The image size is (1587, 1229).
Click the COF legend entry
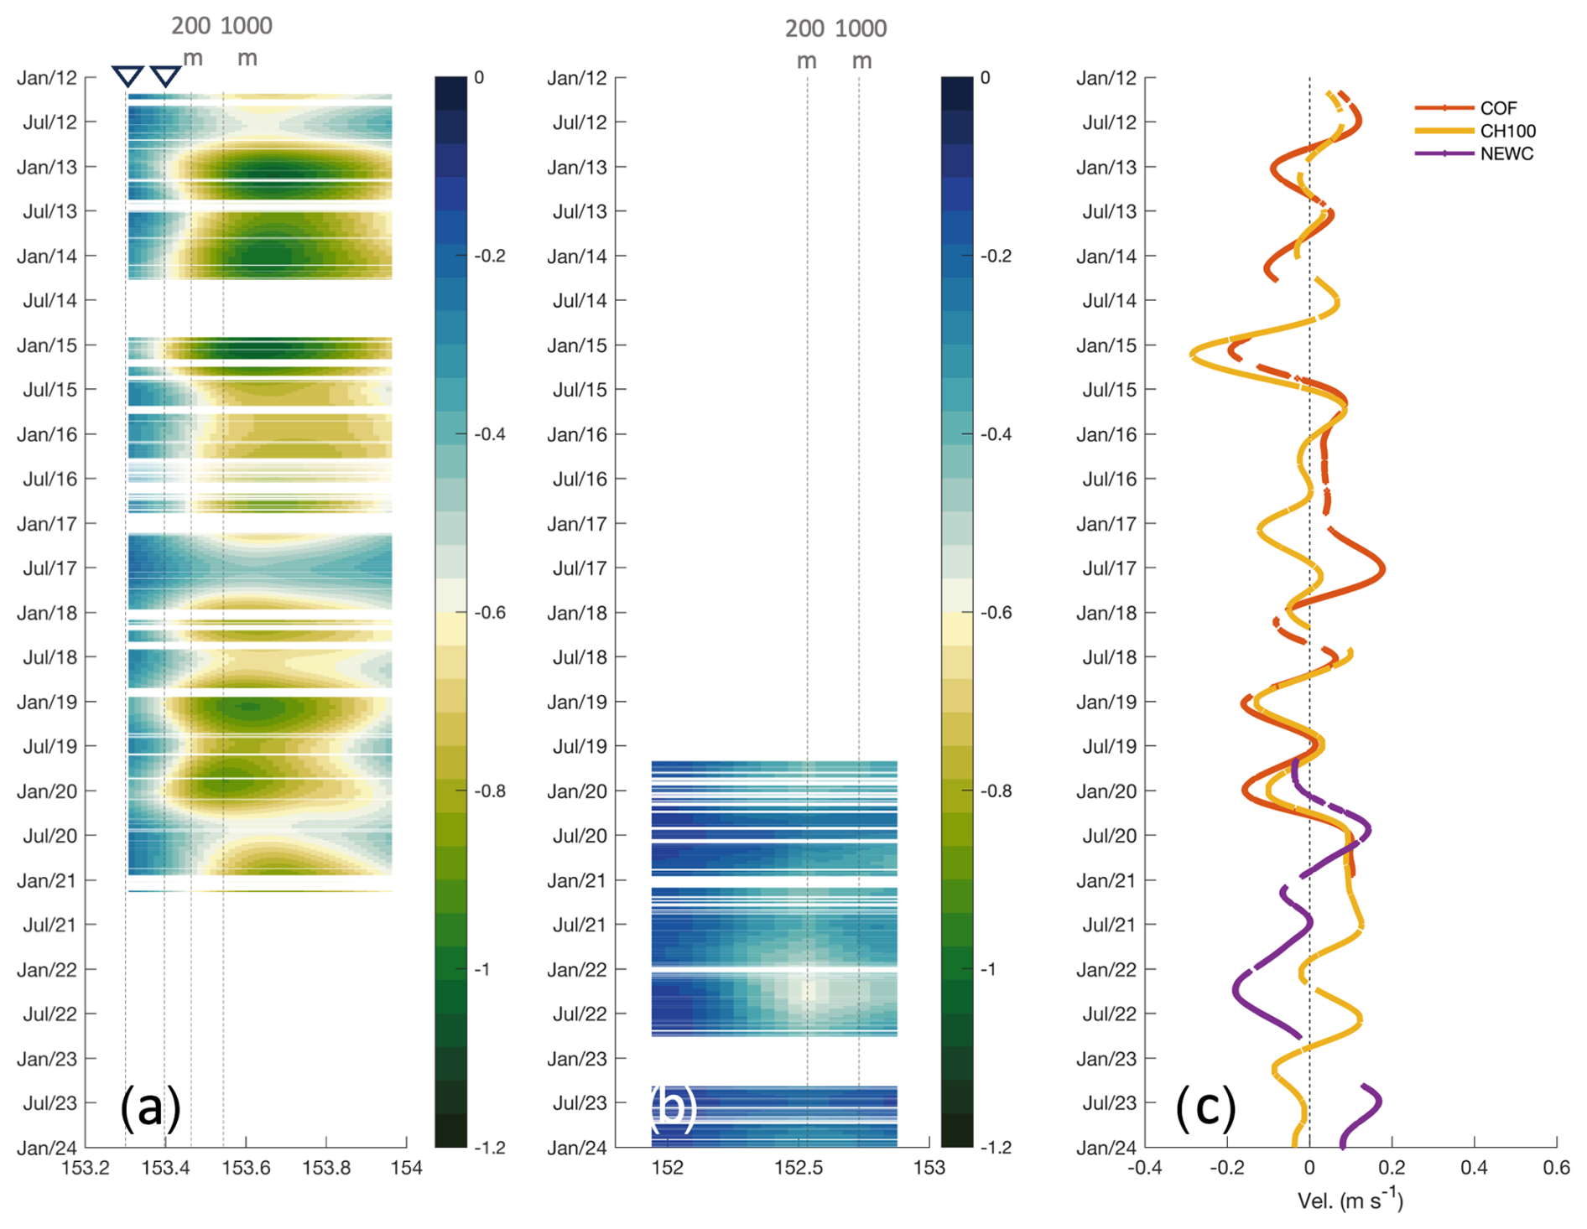click(1497, 108)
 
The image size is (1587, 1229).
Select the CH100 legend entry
click(1507, 131)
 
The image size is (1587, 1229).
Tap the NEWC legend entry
click(1506, 154)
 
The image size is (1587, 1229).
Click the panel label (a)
click(150, 1107)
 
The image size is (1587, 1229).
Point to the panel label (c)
click(1205, 1107)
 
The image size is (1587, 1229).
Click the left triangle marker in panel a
click(127, 76)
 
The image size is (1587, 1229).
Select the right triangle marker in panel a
click(165, 76)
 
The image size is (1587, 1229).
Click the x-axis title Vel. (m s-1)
click(1350, 1200)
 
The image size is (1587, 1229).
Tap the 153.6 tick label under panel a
click(246, 1168)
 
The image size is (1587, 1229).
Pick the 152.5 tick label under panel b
click(799, 1168)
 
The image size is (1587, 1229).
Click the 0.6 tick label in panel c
click(1556, 1168)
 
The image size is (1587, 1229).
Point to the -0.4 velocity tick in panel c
click(1146, 1168)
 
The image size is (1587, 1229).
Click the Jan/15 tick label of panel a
click(47, 345)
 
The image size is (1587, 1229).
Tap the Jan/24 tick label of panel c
click(1106, 1148)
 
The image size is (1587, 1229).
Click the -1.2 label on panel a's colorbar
click(490, 1148)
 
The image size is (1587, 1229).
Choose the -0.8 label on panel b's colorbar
click(996, 791)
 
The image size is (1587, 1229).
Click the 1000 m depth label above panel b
click(861, 44)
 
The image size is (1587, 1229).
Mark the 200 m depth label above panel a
click(191, 41)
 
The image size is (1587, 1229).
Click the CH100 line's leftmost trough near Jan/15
click(1192, 355)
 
